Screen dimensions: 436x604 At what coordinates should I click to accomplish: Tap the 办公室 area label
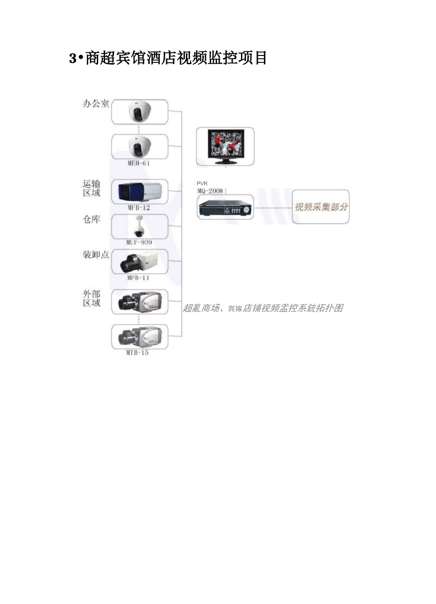pyautogui.click(x=96, y=104)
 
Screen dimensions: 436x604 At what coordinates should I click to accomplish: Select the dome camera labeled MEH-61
pyautogui.click(x=140, y=147)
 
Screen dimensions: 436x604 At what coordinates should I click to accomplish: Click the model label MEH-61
pyautogui.click(x=139, y=164)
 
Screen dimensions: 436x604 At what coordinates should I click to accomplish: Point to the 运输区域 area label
pyautogui.click(x=91, y=188)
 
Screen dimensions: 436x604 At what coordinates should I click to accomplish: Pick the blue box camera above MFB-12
pyautogui.click(x=140, y=192)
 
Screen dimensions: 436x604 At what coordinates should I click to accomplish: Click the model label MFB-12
pyautogui.click(x=139, y=208)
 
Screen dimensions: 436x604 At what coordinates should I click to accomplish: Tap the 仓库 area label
pyautogui.click(x=91, y=220)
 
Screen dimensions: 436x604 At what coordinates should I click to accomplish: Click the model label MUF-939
pyautogui.click(x=139, y=242)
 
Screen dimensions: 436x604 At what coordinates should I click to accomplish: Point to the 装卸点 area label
pyautogui.click(x=96, y=255)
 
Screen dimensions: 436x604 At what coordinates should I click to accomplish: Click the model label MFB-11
pyautogui.click(x=138, y=278)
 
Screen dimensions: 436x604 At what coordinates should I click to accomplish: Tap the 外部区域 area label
pyautogui.click(x=91, y=298)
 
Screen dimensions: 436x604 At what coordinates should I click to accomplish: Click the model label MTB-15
pyautogui.click(x=137, y=353)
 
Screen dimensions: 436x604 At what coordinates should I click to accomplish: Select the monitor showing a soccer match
pyautogui.click(x=225, y=147)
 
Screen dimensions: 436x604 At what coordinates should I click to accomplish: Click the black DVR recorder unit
pyautogui.click(x=225, y=208)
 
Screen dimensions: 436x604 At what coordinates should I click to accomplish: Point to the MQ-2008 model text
pyautogui.click(x=210, y=191)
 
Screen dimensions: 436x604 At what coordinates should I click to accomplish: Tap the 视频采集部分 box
pyautogui.click(x=321, y=207)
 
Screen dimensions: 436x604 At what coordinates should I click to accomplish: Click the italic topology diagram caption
pyautogui.click(x=263, y=308)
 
